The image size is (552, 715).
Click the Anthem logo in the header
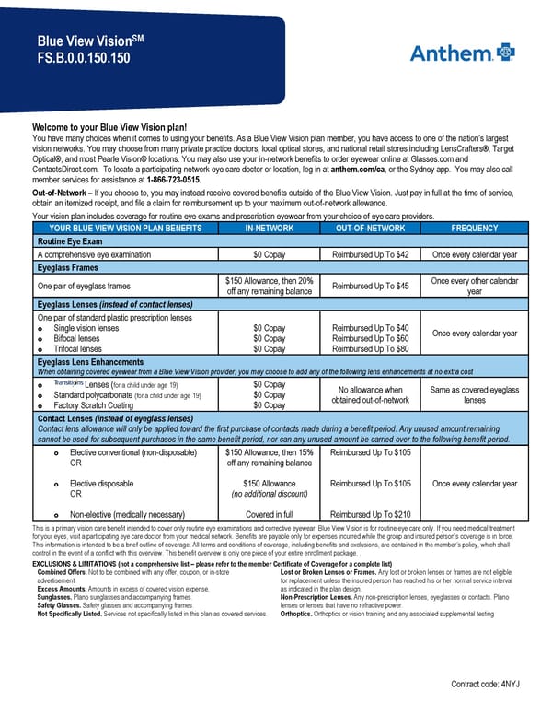click(462, 53)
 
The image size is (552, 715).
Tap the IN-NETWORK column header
click(270, 228)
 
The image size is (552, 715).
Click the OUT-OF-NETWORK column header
click(371, 228)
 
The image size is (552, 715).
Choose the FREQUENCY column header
click(475, 228)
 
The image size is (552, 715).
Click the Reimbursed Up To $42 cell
click(371, 254)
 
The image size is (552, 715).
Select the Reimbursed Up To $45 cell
click(371, 286)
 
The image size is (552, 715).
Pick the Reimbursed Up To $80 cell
click(371, 349)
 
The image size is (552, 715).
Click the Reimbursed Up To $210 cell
click(371, 514)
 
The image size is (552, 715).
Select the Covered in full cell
click(270, 514)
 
